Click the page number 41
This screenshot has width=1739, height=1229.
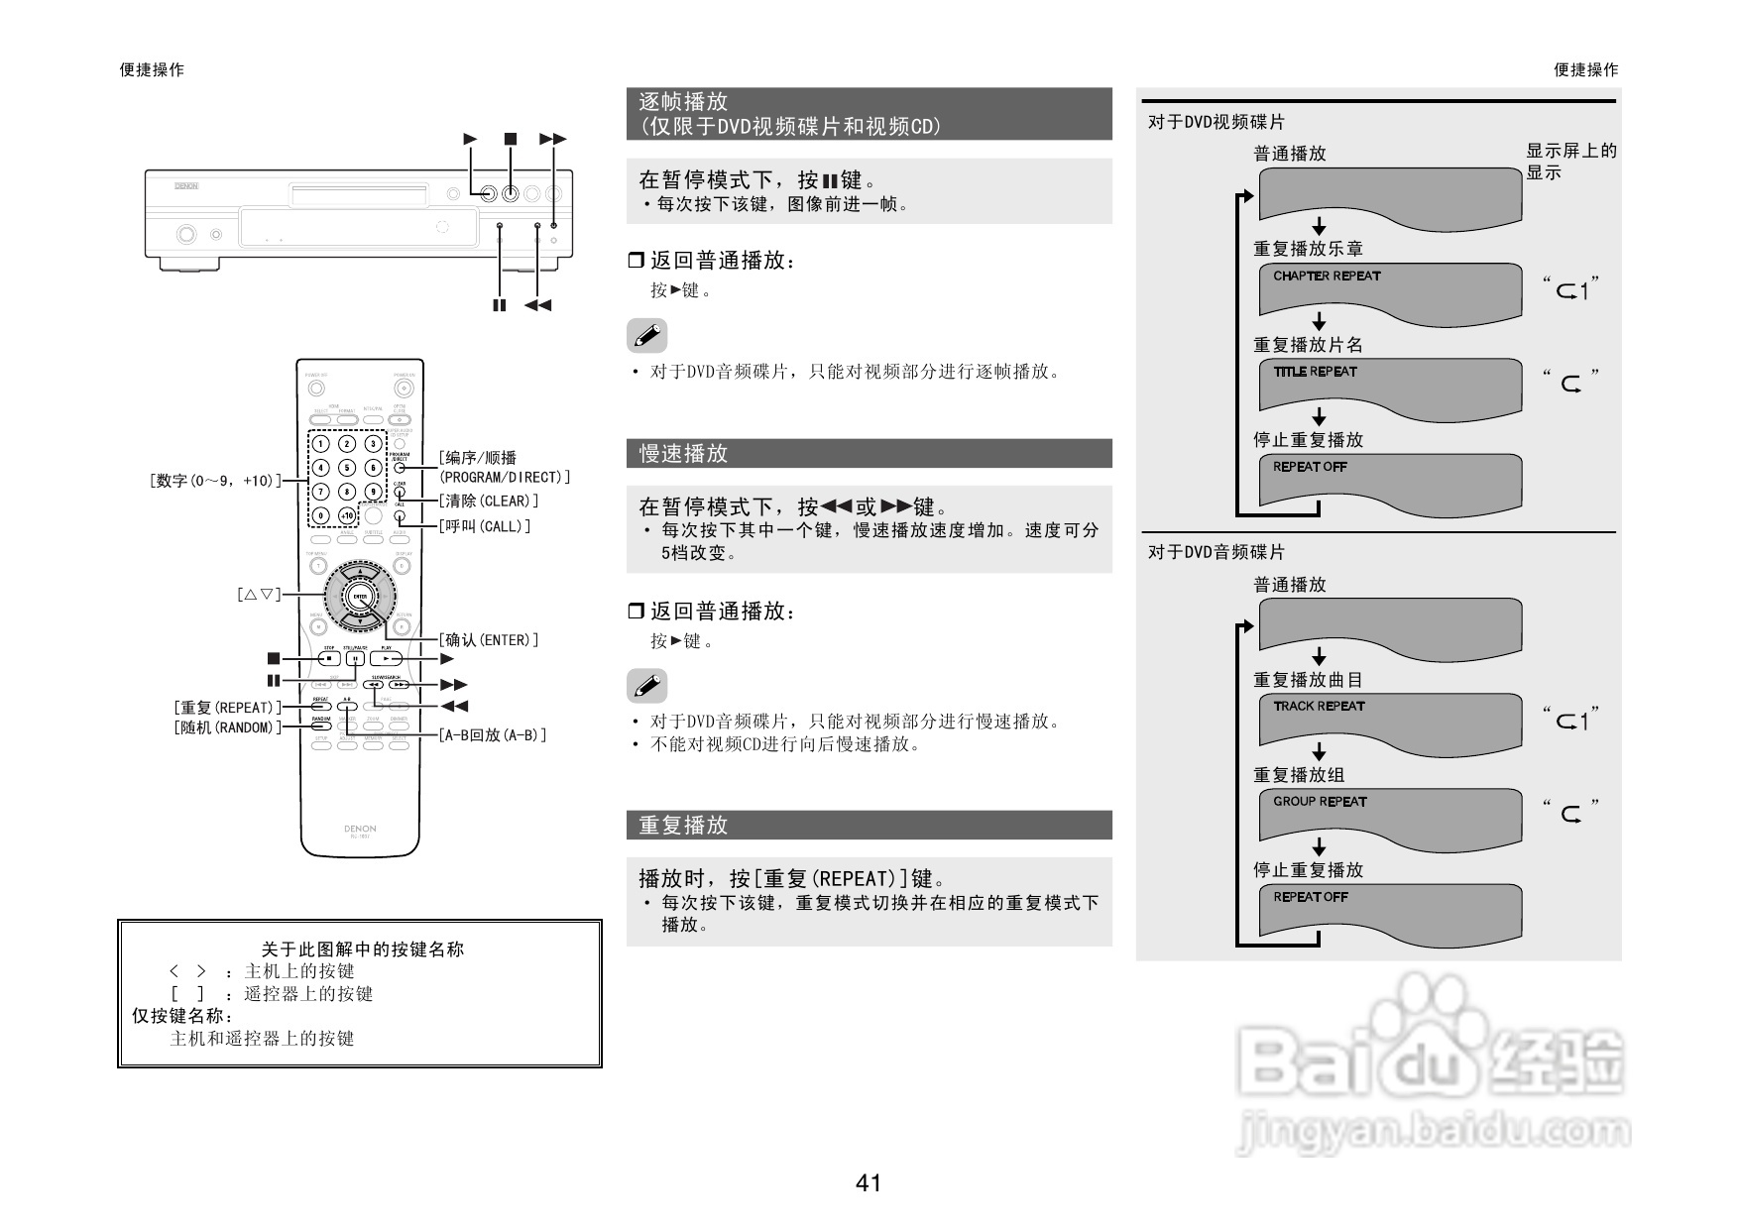869,1182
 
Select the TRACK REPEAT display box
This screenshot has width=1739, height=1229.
1389,719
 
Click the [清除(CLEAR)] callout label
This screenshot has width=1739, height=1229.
489,502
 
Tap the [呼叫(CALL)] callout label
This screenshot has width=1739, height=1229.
485,526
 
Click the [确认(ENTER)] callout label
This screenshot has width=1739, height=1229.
489,640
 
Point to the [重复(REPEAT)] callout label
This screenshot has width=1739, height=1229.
227,708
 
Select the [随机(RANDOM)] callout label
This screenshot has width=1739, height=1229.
227,727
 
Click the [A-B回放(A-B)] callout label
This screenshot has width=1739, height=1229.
493,735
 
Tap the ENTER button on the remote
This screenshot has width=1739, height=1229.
360,597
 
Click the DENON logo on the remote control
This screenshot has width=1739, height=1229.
360,829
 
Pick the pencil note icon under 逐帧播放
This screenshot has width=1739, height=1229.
647,336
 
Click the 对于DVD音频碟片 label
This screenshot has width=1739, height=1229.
1217,552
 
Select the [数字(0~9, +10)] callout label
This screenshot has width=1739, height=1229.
215,481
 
